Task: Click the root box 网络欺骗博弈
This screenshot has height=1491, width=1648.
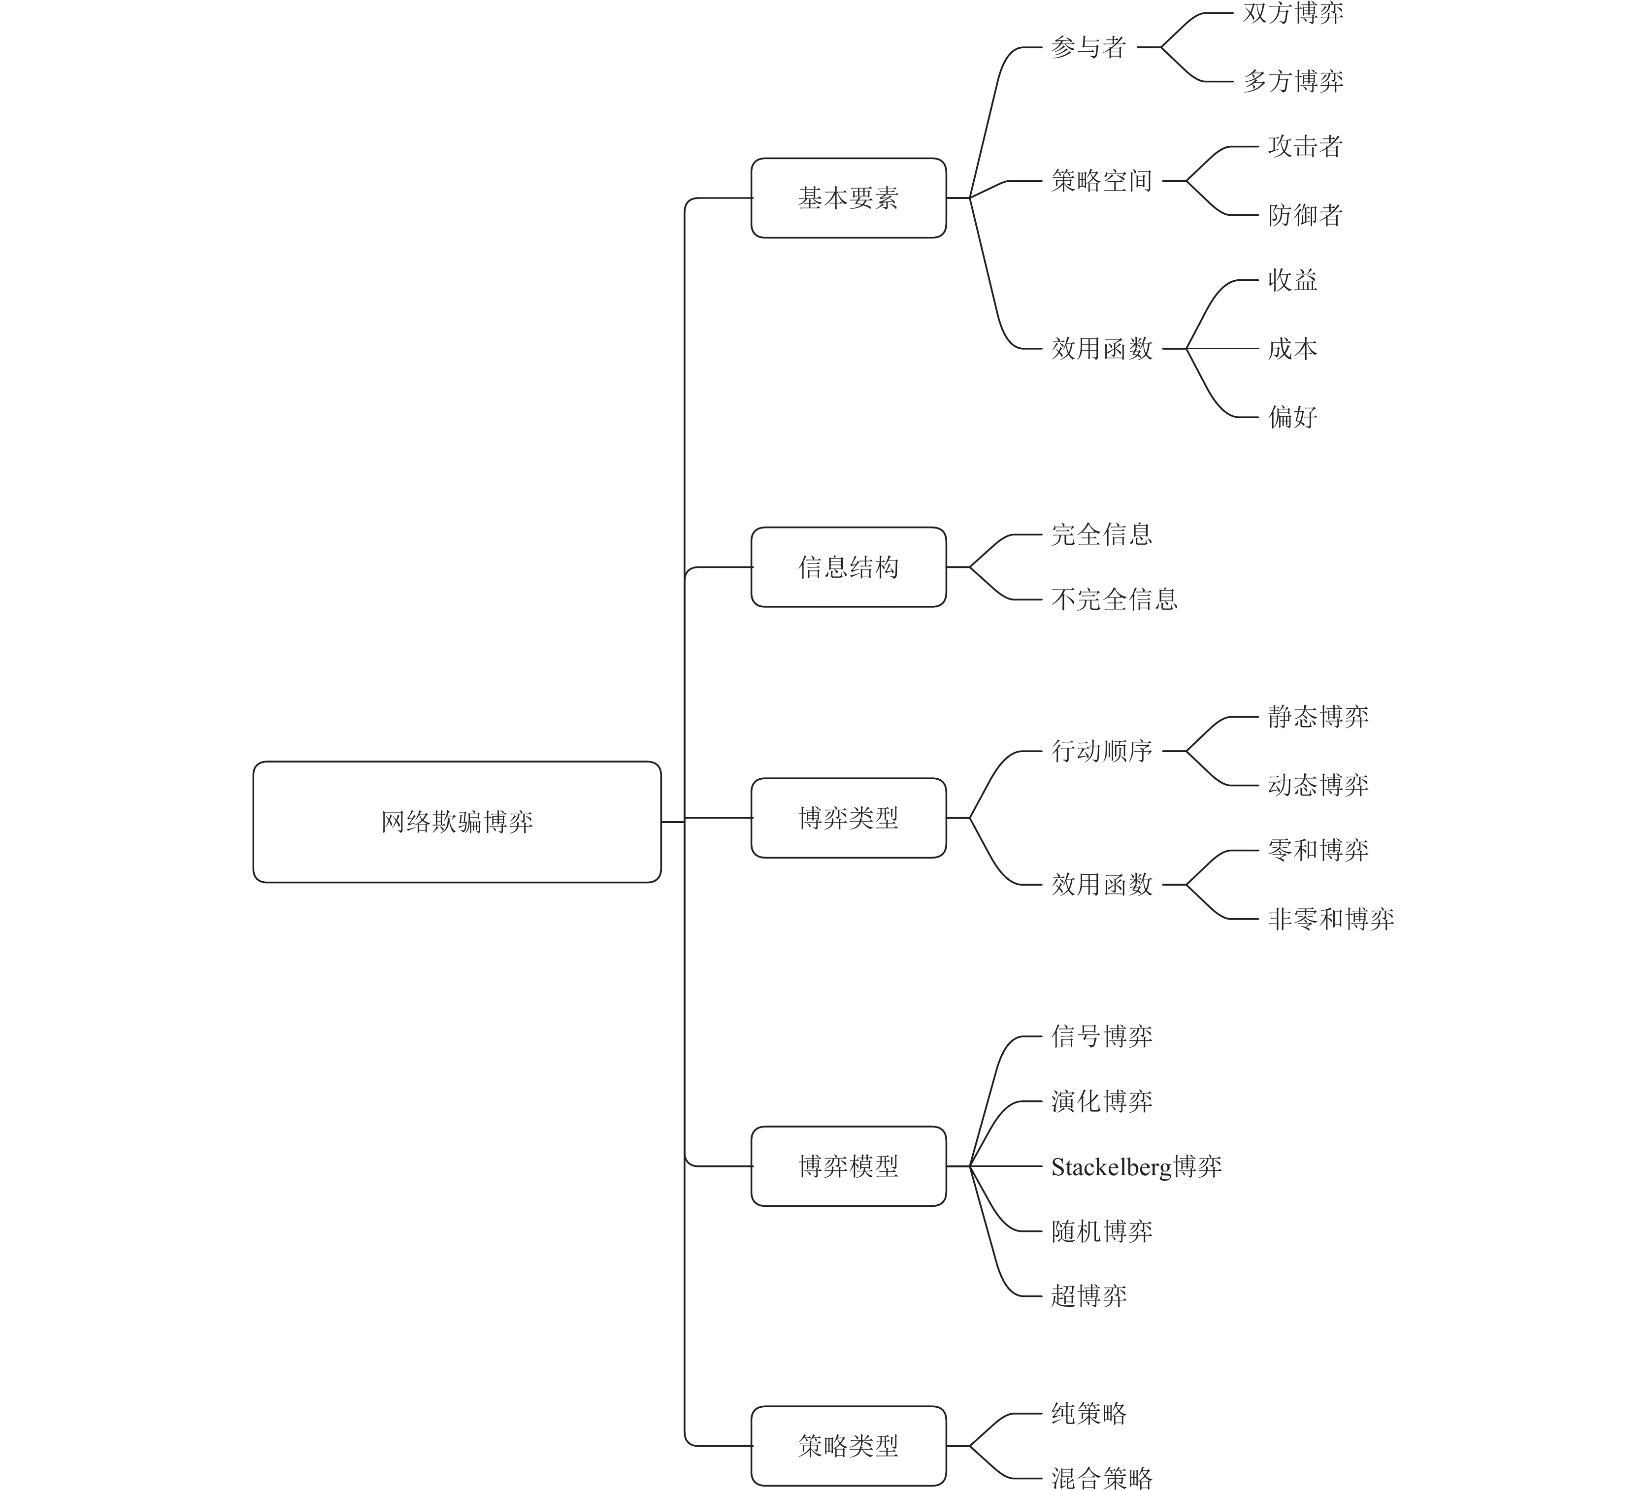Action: click(x=457, y=822)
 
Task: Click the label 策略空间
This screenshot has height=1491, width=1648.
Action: click(x=1101, y=181)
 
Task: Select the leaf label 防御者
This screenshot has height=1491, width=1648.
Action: click(x=1306, y=215)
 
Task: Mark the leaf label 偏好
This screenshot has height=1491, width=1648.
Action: click(x=1292, y=417)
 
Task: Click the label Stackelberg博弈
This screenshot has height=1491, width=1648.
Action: click(x=1136, y=1166)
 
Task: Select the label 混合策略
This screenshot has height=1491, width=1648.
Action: click(x=1101, y=1478)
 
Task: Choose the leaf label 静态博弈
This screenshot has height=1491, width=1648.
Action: click(x=1318, y=717)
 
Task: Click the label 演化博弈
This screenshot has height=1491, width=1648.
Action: click(x=1101, y=1101)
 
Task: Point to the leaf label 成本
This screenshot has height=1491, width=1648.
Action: click(x=1292, y=349)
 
